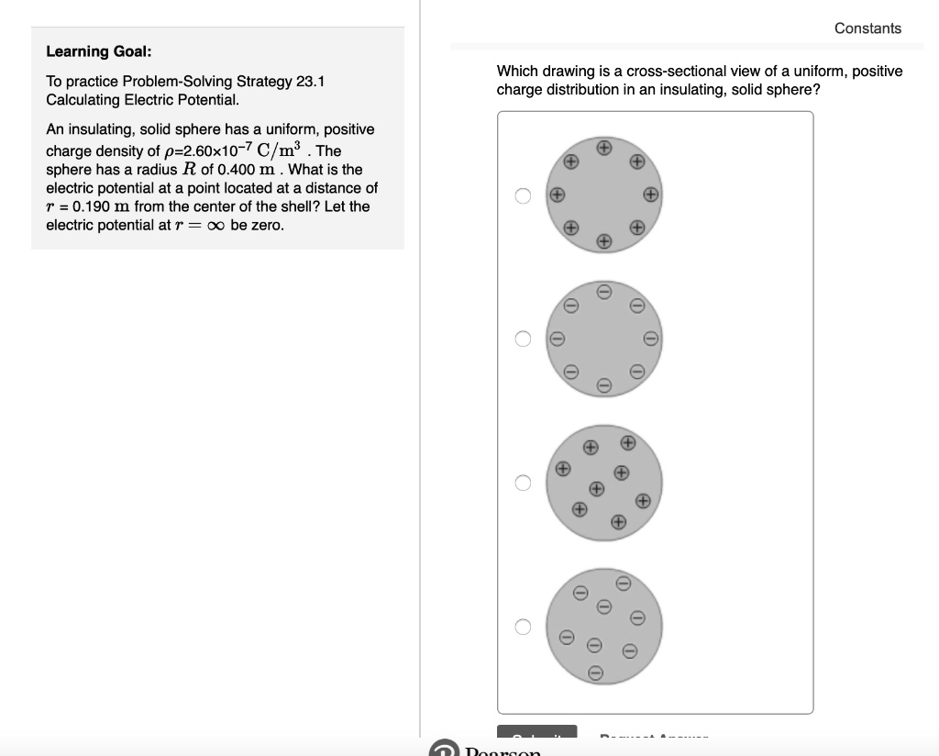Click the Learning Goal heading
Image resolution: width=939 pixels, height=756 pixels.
(99, 51)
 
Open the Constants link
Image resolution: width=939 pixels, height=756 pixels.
(867, 28)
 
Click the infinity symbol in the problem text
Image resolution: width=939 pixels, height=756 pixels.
(216, 225)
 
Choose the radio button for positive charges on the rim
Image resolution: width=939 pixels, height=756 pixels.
(523, 195)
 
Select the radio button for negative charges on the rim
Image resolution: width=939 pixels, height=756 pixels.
(523, 339)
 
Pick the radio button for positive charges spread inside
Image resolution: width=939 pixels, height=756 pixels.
(523, 483)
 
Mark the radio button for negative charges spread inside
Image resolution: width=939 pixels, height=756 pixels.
(523, 627)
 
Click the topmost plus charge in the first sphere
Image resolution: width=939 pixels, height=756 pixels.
(603, 147)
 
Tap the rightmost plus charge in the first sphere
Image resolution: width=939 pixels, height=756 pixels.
(650, 195)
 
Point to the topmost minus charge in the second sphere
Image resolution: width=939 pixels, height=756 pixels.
(603, 291)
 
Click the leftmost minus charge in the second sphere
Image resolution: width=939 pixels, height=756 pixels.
(556, 339)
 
